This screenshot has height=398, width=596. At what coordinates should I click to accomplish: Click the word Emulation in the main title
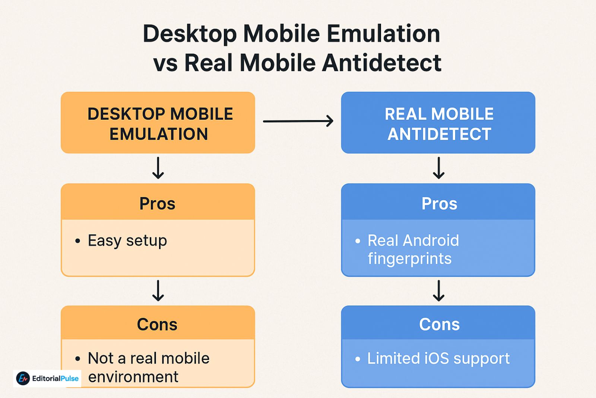(383, 34)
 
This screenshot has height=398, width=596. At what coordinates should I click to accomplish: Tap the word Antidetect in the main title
(381, 63)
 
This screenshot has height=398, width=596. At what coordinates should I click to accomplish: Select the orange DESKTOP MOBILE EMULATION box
(158, 123)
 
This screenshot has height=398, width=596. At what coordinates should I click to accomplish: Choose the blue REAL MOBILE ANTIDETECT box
(438, 123)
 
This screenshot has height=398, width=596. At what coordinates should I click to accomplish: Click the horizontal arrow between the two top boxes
(298, 121)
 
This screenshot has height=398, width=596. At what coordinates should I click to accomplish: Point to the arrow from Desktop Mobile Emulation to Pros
(158, 168)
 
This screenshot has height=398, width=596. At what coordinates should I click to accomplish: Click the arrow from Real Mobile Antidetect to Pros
(439, 168)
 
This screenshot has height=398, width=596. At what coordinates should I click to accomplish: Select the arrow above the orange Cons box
(158, 291)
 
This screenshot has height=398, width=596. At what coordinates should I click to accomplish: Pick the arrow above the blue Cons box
(439, 291)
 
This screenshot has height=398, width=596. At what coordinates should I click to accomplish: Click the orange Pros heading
(157, 204)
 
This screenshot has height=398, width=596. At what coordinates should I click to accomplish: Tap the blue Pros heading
(439, 204)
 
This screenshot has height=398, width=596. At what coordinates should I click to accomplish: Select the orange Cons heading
(157, 325)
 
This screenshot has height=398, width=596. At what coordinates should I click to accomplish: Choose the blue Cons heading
(439, 325)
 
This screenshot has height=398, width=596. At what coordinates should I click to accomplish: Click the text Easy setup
(127, 241)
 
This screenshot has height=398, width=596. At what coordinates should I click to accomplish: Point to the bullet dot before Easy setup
(77, 241)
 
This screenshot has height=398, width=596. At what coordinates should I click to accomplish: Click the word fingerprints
(409, 259)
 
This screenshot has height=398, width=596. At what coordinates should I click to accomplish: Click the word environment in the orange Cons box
(133, 377)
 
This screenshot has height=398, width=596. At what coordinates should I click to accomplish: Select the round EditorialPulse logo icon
(23, 379)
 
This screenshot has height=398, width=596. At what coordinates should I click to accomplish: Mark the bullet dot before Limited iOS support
(358, 359)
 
